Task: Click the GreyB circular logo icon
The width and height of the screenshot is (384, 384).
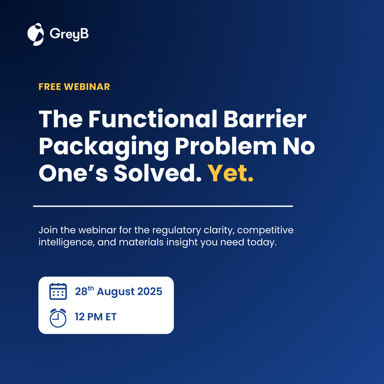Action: [36, 34]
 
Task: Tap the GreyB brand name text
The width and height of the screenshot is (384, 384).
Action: [69, 34]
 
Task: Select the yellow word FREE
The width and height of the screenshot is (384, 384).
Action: [50, 87]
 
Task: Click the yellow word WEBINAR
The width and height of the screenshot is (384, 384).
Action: [87, 87]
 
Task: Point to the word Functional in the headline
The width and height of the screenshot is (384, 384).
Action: [153, 119]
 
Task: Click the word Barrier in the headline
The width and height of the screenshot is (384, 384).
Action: [265, 119]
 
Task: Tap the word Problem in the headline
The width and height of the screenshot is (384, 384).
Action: [226, 146]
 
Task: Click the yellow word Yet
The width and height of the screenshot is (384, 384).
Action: [230, 173]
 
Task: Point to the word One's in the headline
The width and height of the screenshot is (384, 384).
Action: [73, 173]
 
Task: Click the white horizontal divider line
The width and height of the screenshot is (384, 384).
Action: [163, 206]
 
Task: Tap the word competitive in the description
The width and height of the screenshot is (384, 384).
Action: [265, 230]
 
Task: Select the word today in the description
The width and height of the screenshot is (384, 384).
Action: [262, 242]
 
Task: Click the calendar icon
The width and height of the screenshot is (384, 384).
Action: [58, 292]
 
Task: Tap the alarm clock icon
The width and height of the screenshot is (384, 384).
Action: [58, 318]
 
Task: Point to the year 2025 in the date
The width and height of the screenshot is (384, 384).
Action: [150, 292]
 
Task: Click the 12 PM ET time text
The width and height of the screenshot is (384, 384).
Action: [96, 317]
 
